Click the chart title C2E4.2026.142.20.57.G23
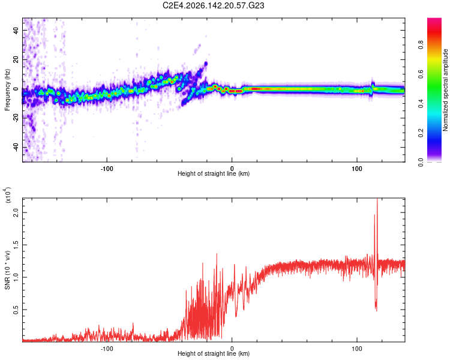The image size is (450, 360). pyautogui.click(x=213, y=5)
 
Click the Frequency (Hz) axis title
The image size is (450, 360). pyautogui.click(x=7, y=90)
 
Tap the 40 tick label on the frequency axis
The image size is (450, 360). pyautogui.click(x=16, y=30)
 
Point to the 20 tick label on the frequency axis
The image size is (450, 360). pyautogui.click(x=16, y=60)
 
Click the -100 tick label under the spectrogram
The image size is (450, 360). pyautogui.click(x=107, y=169)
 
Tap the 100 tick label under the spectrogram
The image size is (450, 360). pyautogui.click(x=357, y=169)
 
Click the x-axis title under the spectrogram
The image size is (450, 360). pyautogui.click(x=214, y=173)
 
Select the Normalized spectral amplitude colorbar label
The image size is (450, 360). pyautogui.click(x=445, y=90)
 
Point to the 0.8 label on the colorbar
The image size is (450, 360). pyautogui.click(x=421, y=45)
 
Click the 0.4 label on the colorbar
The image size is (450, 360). pyautogui.click(x=421, y=104)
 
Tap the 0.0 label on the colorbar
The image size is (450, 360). pyautogui.click(x=421, y=163)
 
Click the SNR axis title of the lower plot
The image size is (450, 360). pyautogui.click(x=7, y=270)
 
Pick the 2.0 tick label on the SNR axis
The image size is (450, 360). pyautogui.click(x=16, y=213)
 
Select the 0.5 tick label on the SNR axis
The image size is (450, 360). pyautogui.click(x=16, y=310)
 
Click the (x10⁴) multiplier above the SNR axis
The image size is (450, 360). pyautogui.click(x=8, y=195)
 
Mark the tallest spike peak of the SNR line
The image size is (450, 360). pyautogui.click(x=377, y=199)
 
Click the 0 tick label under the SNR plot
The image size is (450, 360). pyautogui.click(x=232, y=349)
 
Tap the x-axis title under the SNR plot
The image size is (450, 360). pyautogui.click(x=214, y=353)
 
